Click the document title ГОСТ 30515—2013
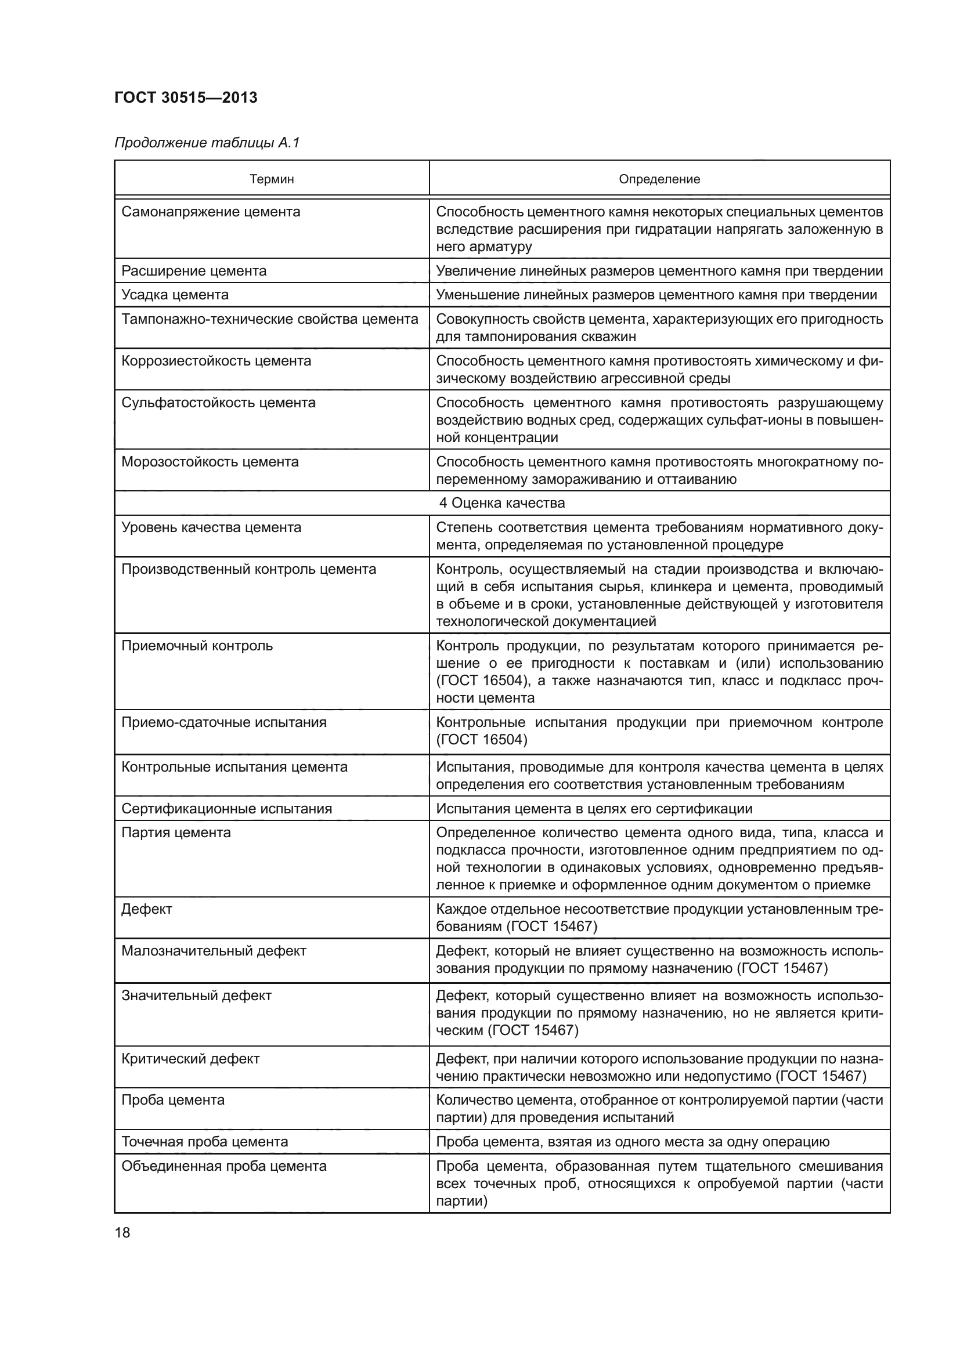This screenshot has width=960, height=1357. (x=186, y=97)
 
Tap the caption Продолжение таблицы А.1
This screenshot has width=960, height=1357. (x=207, y=143)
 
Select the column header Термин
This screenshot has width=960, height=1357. (x=271, y=179)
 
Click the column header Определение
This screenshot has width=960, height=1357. (x=659, y=179)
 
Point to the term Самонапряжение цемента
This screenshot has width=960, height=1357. (x=211, y=212)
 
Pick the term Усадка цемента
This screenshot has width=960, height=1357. (x=175, y=294)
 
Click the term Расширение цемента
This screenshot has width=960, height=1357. (x=194, y=271)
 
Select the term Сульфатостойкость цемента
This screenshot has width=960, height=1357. (x=218, y=403)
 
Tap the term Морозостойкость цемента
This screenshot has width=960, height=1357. (x=210, y=462)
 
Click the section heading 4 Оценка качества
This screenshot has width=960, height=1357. (x=502, y=503)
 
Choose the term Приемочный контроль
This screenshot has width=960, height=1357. (x=197, y=645)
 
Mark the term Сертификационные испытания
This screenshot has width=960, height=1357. (x=226, y=809)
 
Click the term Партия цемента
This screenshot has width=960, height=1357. (x=176, y=832)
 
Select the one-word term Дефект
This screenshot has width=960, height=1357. (x=147, y=909)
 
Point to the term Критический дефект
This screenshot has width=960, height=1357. (x=190, y=1059)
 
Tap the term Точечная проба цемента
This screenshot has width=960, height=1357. (x=204, y=1141)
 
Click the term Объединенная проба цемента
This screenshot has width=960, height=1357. (x=223, y=1166)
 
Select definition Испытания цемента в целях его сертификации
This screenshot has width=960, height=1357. (x=594, y=809)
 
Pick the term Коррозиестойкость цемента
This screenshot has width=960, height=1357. (x=216, y=360)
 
